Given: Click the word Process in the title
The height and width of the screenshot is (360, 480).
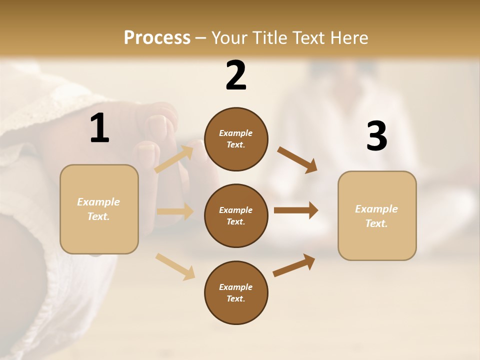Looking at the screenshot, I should point(157,38).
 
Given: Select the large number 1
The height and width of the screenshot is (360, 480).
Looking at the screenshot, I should point(99,128).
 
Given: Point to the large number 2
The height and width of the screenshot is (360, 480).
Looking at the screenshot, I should point(236,75).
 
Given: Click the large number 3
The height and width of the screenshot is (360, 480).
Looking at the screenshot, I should point(376,136).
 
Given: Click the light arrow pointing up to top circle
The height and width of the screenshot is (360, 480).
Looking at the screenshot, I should point(174,159).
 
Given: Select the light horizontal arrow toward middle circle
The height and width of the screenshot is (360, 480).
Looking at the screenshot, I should point(175,211).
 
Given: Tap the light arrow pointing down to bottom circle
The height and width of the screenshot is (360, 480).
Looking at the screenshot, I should point(175,266).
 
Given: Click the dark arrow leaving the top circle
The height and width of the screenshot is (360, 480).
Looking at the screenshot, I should point(297,160).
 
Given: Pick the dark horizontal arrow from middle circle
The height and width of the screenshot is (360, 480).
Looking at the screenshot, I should point(296,210).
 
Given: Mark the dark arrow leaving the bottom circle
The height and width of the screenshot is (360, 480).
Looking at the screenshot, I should point(294,265).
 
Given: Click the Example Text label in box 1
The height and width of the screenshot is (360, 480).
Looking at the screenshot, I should point(98,209).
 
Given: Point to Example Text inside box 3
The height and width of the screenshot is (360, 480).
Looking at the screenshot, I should point(376,216).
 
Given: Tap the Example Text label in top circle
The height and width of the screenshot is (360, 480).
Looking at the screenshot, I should point(236,139).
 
